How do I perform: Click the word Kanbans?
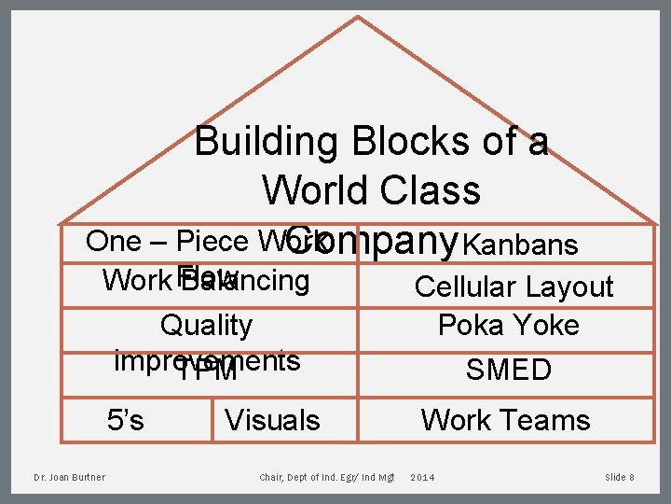[520, 245]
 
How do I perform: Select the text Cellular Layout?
[514, 287]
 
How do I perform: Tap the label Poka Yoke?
[509, 326]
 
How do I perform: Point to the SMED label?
[509, 370]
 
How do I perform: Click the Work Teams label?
[505, 420]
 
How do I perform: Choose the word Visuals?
[272, 421]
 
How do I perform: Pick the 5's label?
[126, 420]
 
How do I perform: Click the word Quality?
[206, 326]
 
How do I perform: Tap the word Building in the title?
[267, 142]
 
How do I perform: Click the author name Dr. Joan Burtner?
[69, 478]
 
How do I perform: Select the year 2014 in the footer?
[422, 478]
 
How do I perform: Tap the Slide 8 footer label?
[620, 478]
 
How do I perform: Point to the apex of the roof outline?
[358, 17]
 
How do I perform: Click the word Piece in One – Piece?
[211, 241]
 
